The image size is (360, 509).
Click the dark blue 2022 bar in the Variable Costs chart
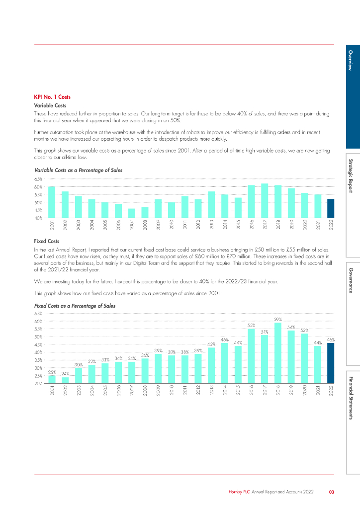(331, 208)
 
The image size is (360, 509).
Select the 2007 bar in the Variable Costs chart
(132, 213)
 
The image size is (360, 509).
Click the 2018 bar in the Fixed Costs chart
(278, 353)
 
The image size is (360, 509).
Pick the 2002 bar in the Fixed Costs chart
(65, 380)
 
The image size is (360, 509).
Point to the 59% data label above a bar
(278, 319)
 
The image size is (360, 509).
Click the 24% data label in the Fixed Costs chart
(65, 373)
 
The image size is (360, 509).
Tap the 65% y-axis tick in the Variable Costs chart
(38, 179)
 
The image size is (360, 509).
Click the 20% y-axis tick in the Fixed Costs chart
(38, 384)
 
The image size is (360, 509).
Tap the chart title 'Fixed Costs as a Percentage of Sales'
(75, 306)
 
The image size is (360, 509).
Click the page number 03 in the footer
(331, 492)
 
